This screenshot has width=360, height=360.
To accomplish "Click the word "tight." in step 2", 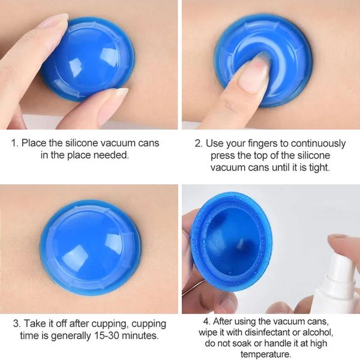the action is [320, 167].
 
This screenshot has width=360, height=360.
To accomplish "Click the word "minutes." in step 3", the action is [140, 335].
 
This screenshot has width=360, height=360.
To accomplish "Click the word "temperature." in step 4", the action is [266, 354].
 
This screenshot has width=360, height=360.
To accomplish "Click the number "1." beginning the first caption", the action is [14, 143].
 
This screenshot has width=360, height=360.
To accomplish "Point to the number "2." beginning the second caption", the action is [199, 143].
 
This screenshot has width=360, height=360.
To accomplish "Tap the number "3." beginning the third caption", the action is [17, 324].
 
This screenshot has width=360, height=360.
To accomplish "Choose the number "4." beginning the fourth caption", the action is [207, 322].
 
